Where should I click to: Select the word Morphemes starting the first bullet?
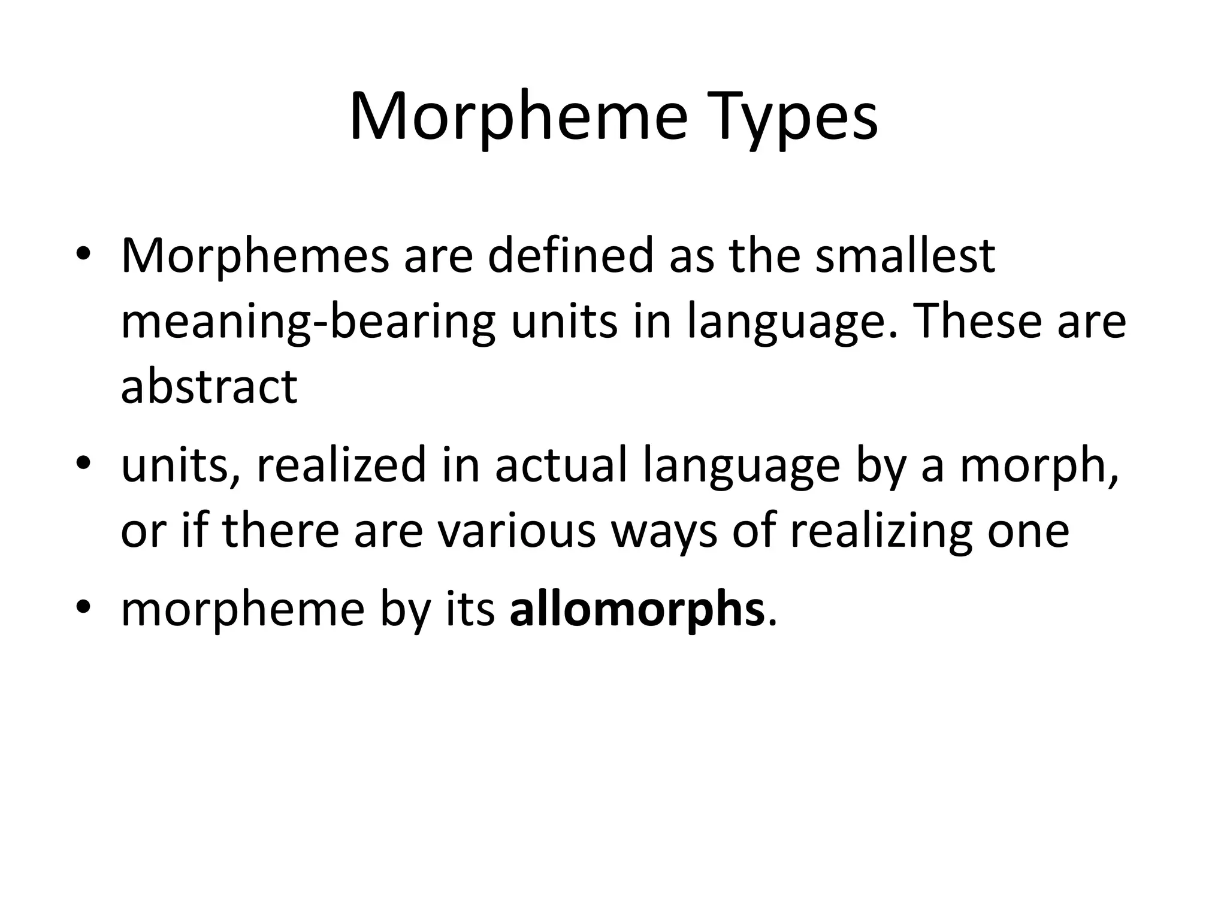tap(255, 256)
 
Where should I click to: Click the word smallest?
tap(905, 256)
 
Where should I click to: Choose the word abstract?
tap(208, 387)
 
